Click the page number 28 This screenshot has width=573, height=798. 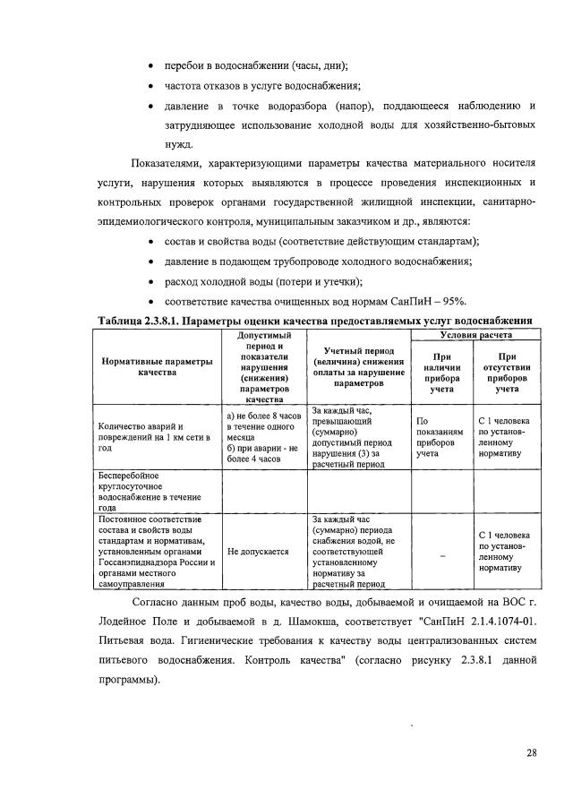[531, 752]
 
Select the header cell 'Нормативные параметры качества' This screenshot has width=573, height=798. [157, 367]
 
